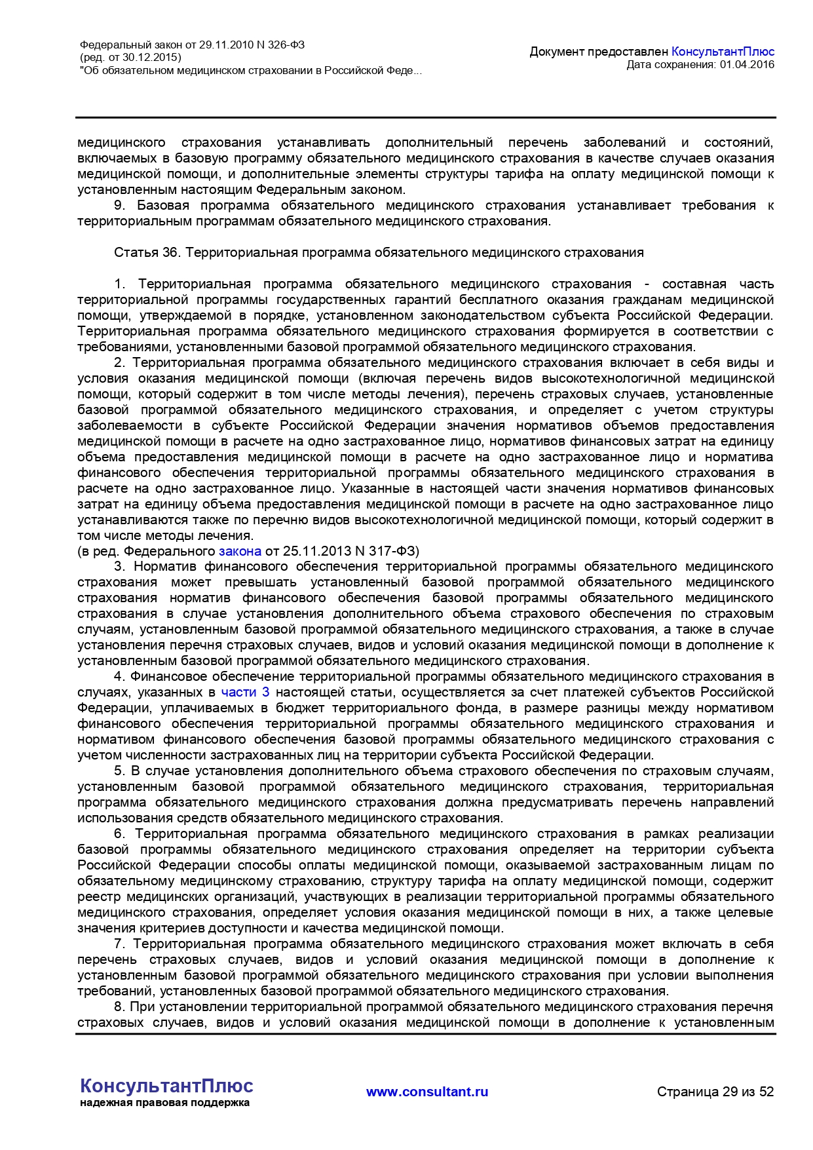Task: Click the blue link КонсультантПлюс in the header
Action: point(723,52)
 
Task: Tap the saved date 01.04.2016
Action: point(747,65)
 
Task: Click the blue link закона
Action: point(240,552)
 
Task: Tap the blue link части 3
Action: point(245,693)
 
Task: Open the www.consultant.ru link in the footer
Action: point(427,1092)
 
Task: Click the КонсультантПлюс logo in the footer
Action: point(166,1086)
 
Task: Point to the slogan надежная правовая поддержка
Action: point(164,1103)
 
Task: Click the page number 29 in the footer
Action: point(729,1092)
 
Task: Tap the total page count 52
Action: point(766,1092)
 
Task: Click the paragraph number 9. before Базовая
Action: point(119,206)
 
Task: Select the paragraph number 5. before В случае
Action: point(119,771)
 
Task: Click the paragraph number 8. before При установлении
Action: point(119,1007)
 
